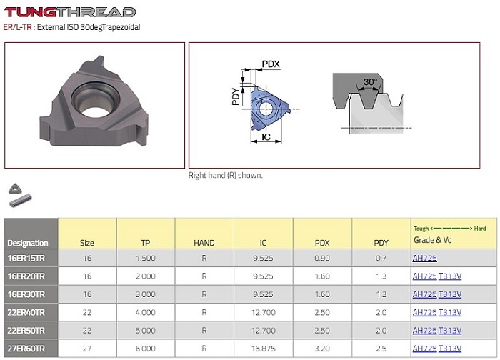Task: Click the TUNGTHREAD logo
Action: click(69, 12)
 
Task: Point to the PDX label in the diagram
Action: click(271, 64)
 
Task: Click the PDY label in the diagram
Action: click(235, 96)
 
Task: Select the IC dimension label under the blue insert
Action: click(266, 137)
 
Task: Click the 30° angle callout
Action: click(370, 82)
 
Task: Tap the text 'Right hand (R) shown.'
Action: click(226, 175)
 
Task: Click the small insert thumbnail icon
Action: click(15, 189)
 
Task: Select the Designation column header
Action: click(28, 243)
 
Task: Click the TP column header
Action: click(146, 243)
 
